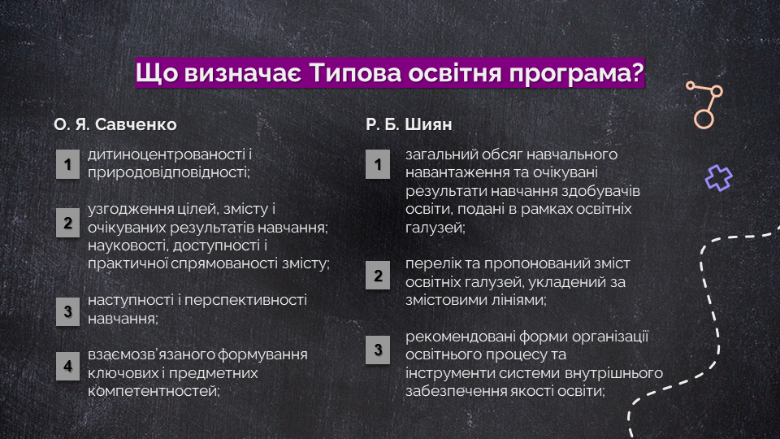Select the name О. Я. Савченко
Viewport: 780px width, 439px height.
coord(115,124)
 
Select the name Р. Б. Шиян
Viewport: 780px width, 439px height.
coord(409,124)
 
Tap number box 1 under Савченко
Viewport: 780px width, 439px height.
coord(67,164)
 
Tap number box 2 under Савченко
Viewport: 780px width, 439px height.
coord(67,223)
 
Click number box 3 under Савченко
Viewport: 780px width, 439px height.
coord(67,311)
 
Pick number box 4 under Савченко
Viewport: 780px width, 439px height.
coord(67,366)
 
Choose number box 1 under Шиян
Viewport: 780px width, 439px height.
coord(378,164)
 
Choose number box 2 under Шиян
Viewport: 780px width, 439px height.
coord(378,276)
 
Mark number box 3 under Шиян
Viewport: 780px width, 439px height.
coord(378,350)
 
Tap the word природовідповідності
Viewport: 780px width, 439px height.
coord(168,172)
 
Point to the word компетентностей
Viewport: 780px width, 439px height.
coord(154,391)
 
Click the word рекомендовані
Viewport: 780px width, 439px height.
coord(460,337)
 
